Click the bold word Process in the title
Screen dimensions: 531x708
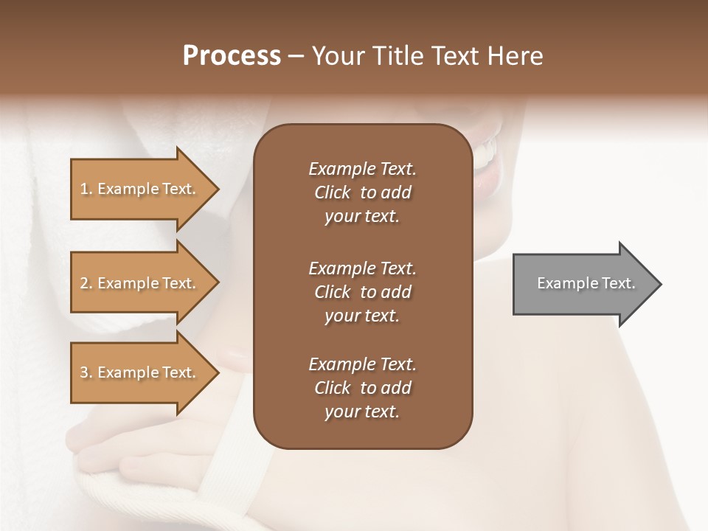pos(232,56)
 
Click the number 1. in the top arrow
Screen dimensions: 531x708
pos(86,189)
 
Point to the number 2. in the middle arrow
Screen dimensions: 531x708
pos(86,283)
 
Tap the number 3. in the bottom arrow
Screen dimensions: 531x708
pos(86,372)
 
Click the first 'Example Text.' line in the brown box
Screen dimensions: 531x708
pos(362,169)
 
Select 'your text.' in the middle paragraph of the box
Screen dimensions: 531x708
pos(362,316)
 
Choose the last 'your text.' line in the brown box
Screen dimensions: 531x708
pos(362,412)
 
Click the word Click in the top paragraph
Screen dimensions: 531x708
pos(333,192)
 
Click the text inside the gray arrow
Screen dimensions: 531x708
pos(586,283)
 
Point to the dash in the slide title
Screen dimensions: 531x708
pos(296,57)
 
